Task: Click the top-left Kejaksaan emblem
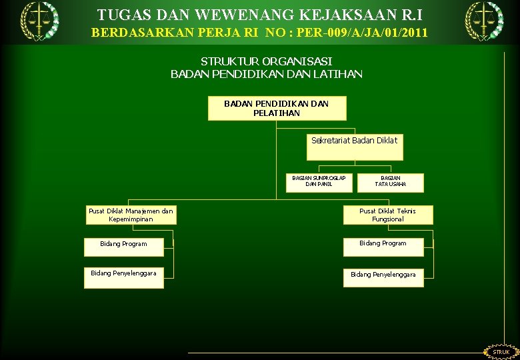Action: (39, 21)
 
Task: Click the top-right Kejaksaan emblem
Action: (484, 21)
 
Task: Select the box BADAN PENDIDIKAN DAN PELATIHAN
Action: (277, 109)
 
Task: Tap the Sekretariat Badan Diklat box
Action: (355, 147)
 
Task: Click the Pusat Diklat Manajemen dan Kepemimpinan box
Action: (131, 215)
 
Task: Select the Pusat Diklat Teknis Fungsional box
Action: (387, 215)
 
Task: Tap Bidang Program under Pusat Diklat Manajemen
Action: (123, 245)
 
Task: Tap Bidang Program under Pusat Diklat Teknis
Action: (383, 244)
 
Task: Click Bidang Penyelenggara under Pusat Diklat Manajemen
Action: (123, 277)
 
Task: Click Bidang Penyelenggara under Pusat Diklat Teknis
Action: (383, 275)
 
